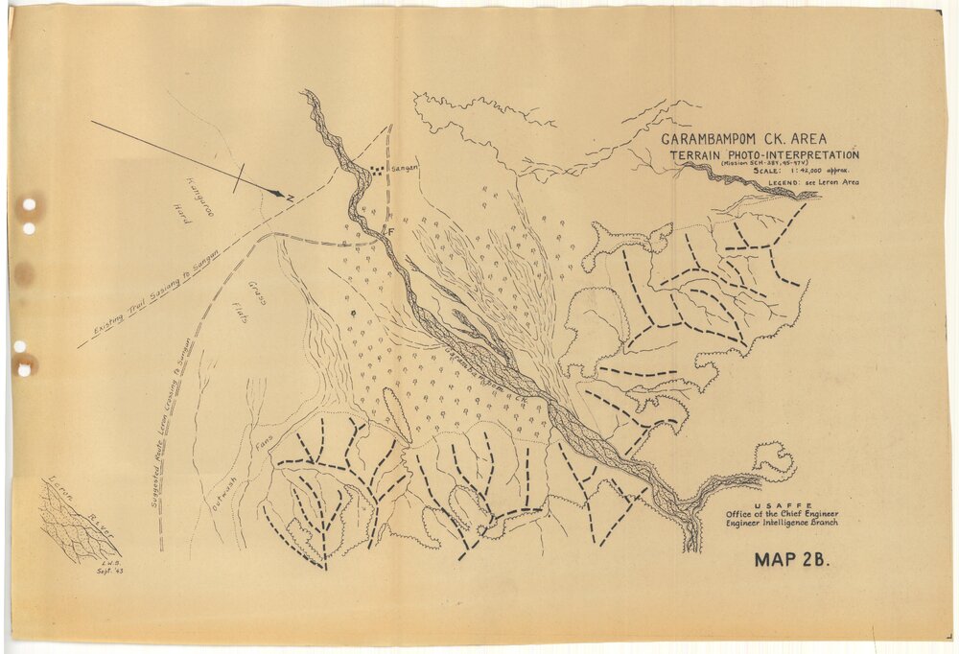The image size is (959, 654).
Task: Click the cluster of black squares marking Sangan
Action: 377,170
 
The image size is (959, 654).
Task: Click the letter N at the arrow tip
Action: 289,197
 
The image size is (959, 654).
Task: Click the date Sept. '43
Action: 112,570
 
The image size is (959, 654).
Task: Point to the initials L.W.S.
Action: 110,560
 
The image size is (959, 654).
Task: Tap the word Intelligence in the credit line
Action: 789,523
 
